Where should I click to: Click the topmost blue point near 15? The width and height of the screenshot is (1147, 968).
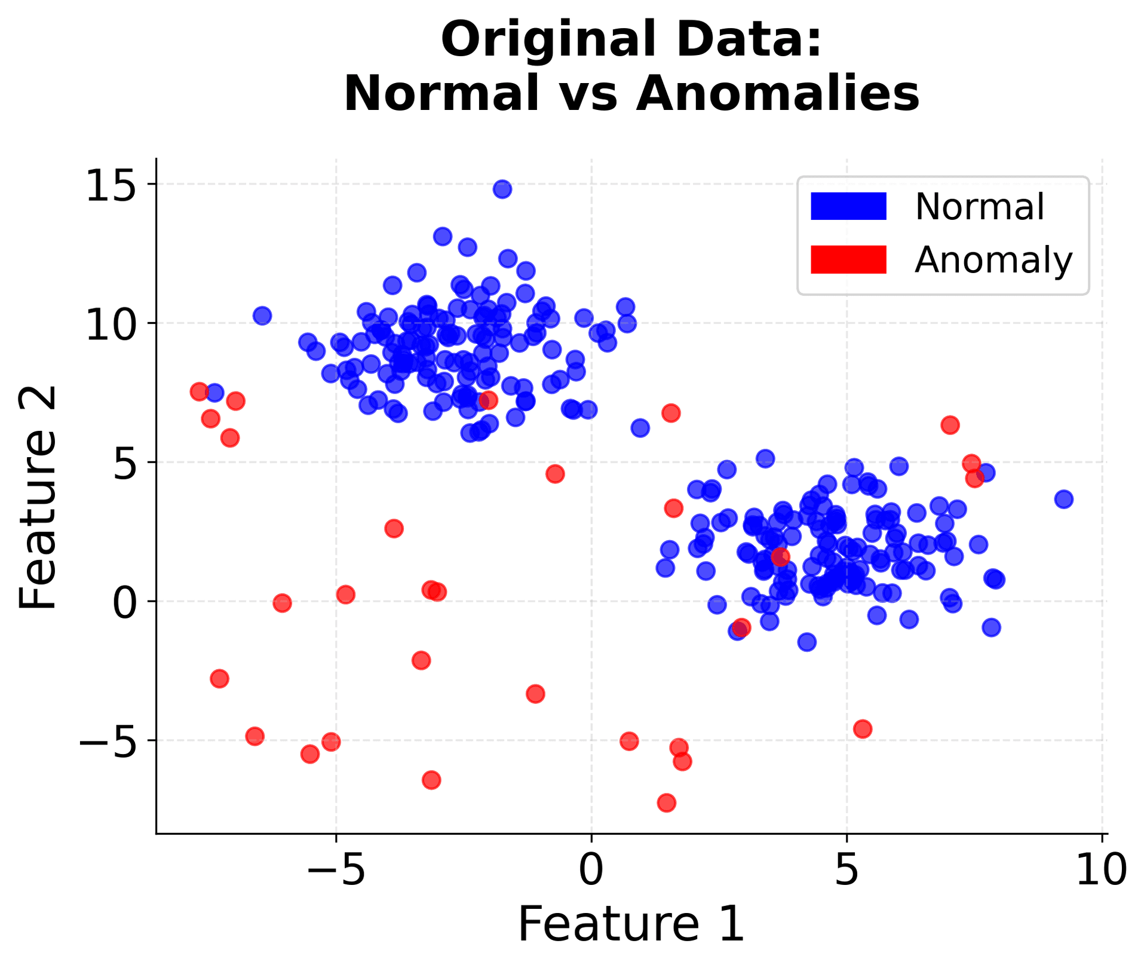[x=502, y=189]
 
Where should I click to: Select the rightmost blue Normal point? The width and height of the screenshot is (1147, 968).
[x=1063, y=499]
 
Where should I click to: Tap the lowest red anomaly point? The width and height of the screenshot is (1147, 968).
[x=667, y=802]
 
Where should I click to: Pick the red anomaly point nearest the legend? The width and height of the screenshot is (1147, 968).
[x=950, y=425]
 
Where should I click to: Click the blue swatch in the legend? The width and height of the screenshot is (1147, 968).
[x=848, y=207]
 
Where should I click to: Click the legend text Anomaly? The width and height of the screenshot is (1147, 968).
[x=993, y=261]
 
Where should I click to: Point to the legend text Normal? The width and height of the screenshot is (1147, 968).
[x=980, y=207]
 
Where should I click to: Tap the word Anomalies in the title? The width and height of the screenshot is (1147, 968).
[x=777, y=94]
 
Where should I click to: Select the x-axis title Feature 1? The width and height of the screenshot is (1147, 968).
[x=631, y=924]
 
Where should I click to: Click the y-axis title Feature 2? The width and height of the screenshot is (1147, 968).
[x=37, y=497]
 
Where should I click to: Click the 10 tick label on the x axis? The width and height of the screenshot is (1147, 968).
[x=1102, y=871]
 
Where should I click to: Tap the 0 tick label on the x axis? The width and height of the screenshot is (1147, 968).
[x=591, y=871]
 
